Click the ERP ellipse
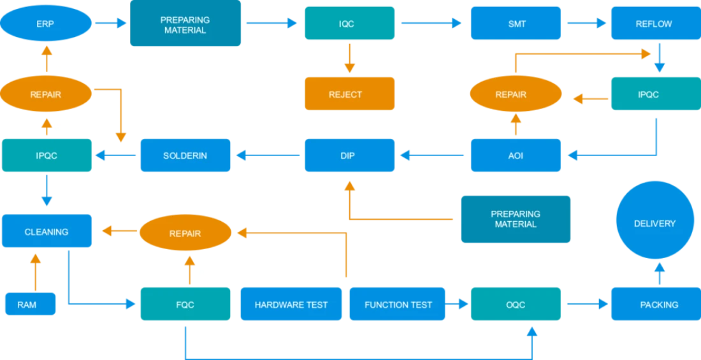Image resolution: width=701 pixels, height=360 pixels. click(46, 24)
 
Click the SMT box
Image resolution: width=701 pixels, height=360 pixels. click(516, 24)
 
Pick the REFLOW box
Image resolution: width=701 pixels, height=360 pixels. click(654, 24)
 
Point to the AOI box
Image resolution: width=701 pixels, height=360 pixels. click(516, 155)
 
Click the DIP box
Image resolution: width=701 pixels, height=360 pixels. click(349, 155)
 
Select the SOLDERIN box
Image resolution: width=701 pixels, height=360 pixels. click(185, 155)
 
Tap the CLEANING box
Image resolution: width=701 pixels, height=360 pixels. click(47, 231)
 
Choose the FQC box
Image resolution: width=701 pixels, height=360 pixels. click(185, 304)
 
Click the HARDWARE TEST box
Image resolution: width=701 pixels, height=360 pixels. click(291, 304)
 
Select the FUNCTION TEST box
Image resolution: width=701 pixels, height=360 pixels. click(398, 304)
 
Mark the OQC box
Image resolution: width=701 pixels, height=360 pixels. click(516, 304)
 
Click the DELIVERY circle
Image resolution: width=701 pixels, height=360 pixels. click(654, 224)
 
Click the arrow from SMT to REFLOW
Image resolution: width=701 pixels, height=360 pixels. click(586, 24)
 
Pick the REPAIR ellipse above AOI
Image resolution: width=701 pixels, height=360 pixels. click(511, 94)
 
